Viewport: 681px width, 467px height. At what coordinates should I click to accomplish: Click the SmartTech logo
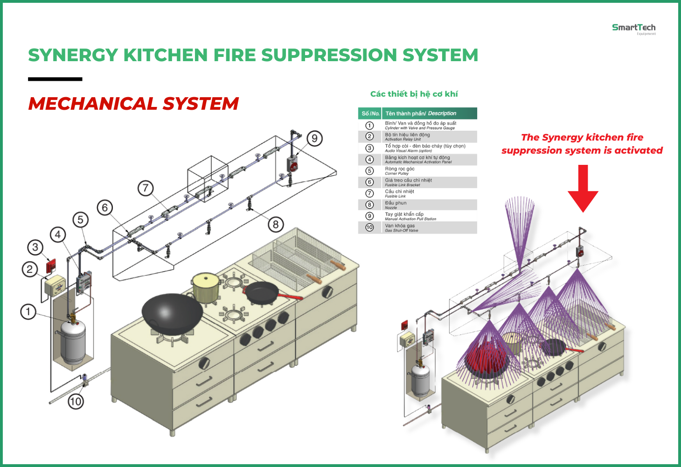point(633,28)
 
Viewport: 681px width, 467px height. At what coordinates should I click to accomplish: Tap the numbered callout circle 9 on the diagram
point(314,138)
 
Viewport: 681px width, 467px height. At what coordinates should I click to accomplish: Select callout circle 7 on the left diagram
point(146,188)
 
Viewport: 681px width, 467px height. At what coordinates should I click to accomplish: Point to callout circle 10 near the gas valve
point(76,401)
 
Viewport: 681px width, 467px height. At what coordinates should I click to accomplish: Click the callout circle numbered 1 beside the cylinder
point(28,311)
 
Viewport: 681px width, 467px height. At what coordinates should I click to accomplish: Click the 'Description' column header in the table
point(442,113)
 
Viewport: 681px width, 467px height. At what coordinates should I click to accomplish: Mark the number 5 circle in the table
point(369,171)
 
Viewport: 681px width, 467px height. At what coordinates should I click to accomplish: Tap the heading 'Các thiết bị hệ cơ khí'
point(414,94)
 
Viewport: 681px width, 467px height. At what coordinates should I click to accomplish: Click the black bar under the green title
point(55,79)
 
